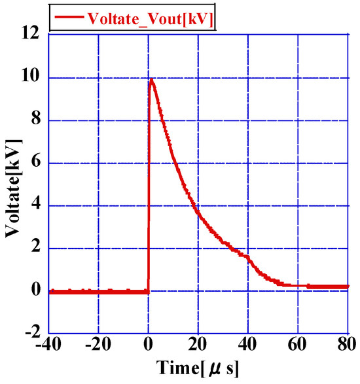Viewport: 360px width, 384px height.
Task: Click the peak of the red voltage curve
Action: point(152,80)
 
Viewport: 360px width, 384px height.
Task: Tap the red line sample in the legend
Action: point(68,18)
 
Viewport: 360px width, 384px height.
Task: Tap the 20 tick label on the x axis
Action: point(198,344)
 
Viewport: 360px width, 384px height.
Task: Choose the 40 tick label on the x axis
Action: point(248,344)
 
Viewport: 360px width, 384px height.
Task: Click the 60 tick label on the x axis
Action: point(298,344)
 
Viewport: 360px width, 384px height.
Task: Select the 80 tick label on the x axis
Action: point(347,344)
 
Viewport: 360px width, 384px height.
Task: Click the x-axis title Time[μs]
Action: point(198,369)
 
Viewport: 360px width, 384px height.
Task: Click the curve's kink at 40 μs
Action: point(248,256)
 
